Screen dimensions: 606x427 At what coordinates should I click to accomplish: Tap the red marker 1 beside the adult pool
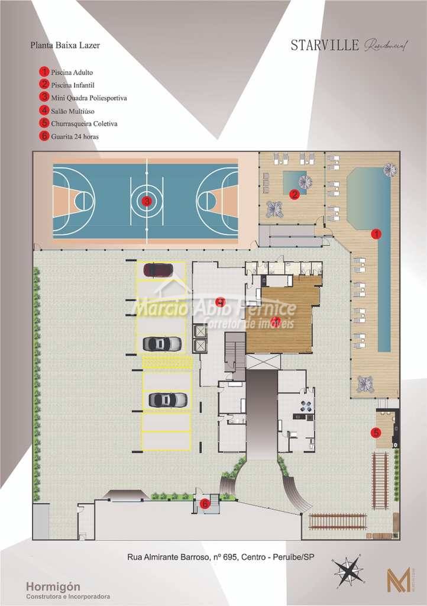pyautogui.click(x=375, y=234)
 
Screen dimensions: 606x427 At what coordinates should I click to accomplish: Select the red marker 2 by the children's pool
pyautogui.click(x=294, y=194)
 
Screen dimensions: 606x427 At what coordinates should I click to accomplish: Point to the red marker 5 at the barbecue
pyautogui.click(x=376, y=433)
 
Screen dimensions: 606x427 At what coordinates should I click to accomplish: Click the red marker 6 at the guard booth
pyautogui.click(x=205, y=504)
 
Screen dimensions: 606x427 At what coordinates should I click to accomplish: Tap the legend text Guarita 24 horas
pyautogui.click(x=75, y=136)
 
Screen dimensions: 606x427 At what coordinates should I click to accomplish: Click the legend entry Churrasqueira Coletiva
pyautogui.click(x=84, y=124)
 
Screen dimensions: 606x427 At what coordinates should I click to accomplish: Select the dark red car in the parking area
pyautogui.click(x=158, y=270)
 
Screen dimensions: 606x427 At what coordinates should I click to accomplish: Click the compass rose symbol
pyautogui.click(x=348, y=571)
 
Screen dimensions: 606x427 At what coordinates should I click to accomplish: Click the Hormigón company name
pyautogui.click(x=53, y=586)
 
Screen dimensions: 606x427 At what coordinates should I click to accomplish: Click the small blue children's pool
pyautogui.click(x=294, y=179)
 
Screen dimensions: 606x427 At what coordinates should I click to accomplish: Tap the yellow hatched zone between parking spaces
pyautogui.click(x=167, y=363)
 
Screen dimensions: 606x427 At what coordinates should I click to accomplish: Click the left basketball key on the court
pyautogui.click(x=74, y=201)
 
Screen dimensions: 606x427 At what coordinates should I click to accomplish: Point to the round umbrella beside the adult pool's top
pyautogui.click(x=390, y=170)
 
